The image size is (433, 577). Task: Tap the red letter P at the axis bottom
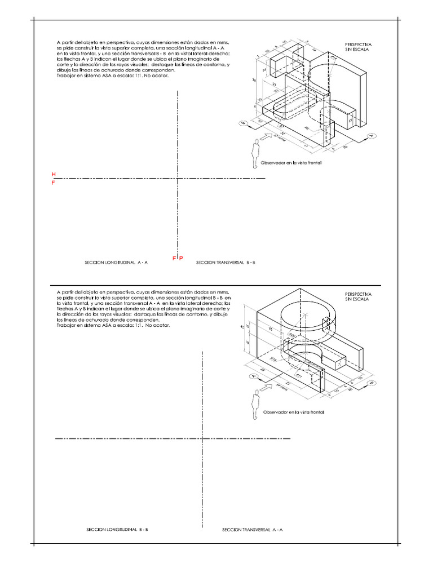point(181,258)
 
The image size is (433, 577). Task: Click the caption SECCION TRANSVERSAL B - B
point(226,263)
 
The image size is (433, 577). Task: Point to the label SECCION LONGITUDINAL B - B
point(117,530)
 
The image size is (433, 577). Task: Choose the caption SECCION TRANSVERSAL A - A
point(252,530)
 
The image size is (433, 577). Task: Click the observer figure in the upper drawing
point(255,153)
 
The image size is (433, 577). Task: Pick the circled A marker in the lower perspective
point(253,376)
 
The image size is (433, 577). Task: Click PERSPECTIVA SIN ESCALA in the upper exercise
point(358,46)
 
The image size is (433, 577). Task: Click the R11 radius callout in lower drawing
point(299,373)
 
